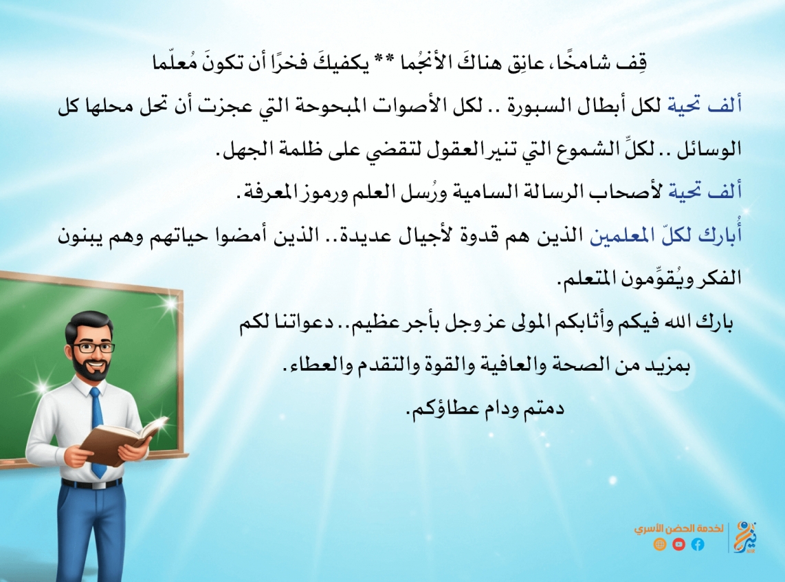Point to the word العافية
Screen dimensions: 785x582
tap(506, 365)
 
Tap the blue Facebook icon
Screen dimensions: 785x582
tap(698, 544)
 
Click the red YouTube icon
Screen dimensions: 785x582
tap(679, 544)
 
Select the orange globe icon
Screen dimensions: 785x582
tap(660, 544)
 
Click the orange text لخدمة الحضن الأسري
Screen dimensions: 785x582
tap(679, 528)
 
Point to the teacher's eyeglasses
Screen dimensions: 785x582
tap(93, 347)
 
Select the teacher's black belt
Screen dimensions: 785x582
tap(91, 484)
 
